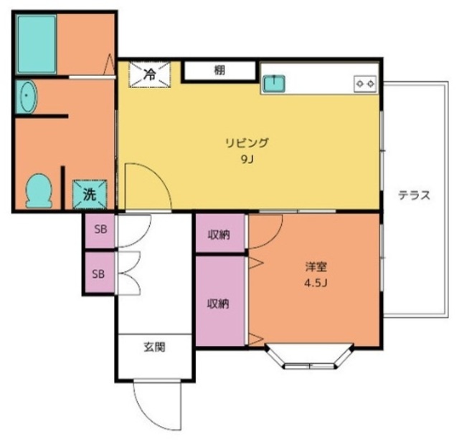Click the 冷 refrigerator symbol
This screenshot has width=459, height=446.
click(x=150, y=74)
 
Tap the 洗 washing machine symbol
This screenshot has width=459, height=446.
click(x=89, y=193)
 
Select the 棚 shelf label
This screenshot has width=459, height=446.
click(x=219, y=71)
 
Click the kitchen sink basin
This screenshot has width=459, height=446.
click(x=273, y=84)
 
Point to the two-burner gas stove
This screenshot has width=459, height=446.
click(x=364, y=84)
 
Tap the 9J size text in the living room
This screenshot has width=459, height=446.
click(x=247, y=159)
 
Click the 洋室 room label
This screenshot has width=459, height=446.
click(x=316, y=267)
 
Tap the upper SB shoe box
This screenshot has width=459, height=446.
click(x=98, y=231)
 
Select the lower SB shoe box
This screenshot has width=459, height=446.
click(x=98, y=273)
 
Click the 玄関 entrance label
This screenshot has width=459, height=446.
click(x=153, y=349)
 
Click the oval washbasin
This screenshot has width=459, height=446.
click(x=27, y=97)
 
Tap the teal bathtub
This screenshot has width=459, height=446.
click(x=37, y=44)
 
